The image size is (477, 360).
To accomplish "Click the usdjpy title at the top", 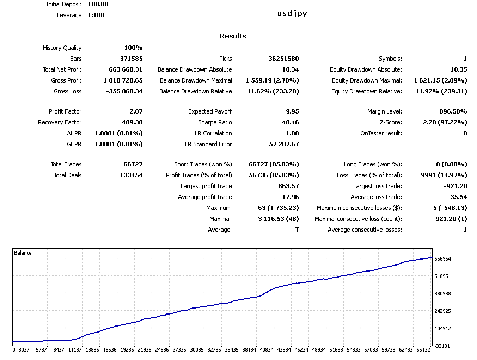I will [292, 13].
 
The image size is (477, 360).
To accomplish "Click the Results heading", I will [233, 36].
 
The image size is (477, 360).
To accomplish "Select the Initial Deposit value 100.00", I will [98, 4].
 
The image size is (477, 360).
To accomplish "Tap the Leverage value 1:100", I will [96, 15].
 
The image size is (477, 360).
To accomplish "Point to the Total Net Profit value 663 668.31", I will [126, 70].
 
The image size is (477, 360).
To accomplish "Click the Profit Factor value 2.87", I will [136, 112].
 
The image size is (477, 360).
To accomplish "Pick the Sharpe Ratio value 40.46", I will [290, 123].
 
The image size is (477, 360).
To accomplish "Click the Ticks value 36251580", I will [283, 59].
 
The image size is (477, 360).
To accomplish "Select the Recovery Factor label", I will [61, 123].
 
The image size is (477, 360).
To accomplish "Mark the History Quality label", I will [63, 48].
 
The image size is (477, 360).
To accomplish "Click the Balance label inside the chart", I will [23, 253].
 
